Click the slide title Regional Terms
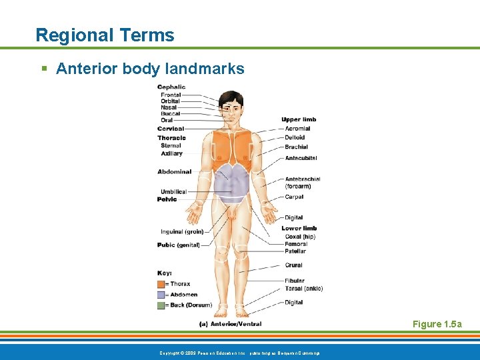coord(105,35)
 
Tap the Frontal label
coord(171,95)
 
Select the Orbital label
coord(170,101)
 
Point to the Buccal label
coord(170,114)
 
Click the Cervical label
coord(171,129)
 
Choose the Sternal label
coord(171,145)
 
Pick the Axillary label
coord(171,153)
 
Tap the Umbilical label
coord(173,192)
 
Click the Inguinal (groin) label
coord(182,232)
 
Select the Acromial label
coord(297,129)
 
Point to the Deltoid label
coord(295,138)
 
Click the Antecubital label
coord(301,158)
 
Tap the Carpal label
coord(294,197)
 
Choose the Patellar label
coord(295,251)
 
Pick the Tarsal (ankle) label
coord(303,289)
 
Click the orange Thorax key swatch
coord(161,284)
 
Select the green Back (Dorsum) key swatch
coord(161,305)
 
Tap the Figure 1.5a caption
coord(437,324)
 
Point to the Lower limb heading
coord(299,228)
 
